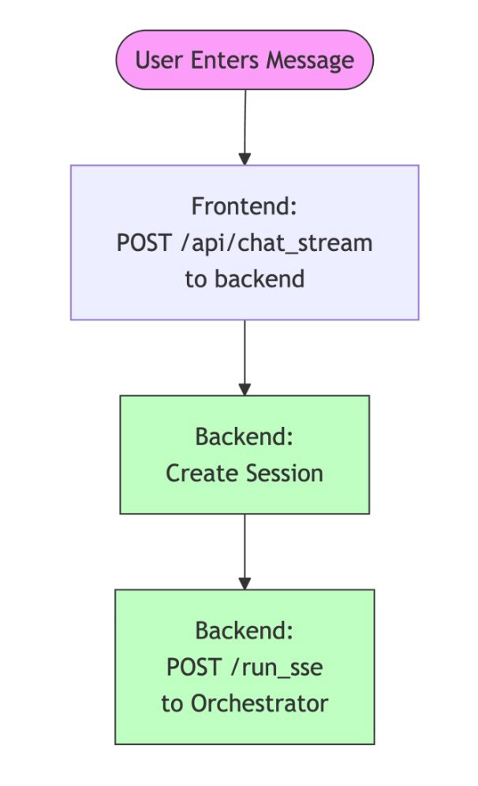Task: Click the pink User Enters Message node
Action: click(245, 61)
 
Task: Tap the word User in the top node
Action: click(153, 61)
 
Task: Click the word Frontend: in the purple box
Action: click(245, 207)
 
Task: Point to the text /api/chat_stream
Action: click(275, 243)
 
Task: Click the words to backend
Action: click(245, 279)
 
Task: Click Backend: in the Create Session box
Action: click(245, 436)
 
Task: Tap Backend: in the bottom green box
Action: click(245, 631)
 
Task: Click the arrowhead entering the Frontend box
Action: click(245, 158)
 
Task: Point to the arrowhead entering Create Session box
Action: click(245, 388)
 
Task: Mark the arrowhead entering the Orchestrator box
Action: click(245, 582)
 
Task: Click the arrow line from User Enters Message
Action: click(245, 118)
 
